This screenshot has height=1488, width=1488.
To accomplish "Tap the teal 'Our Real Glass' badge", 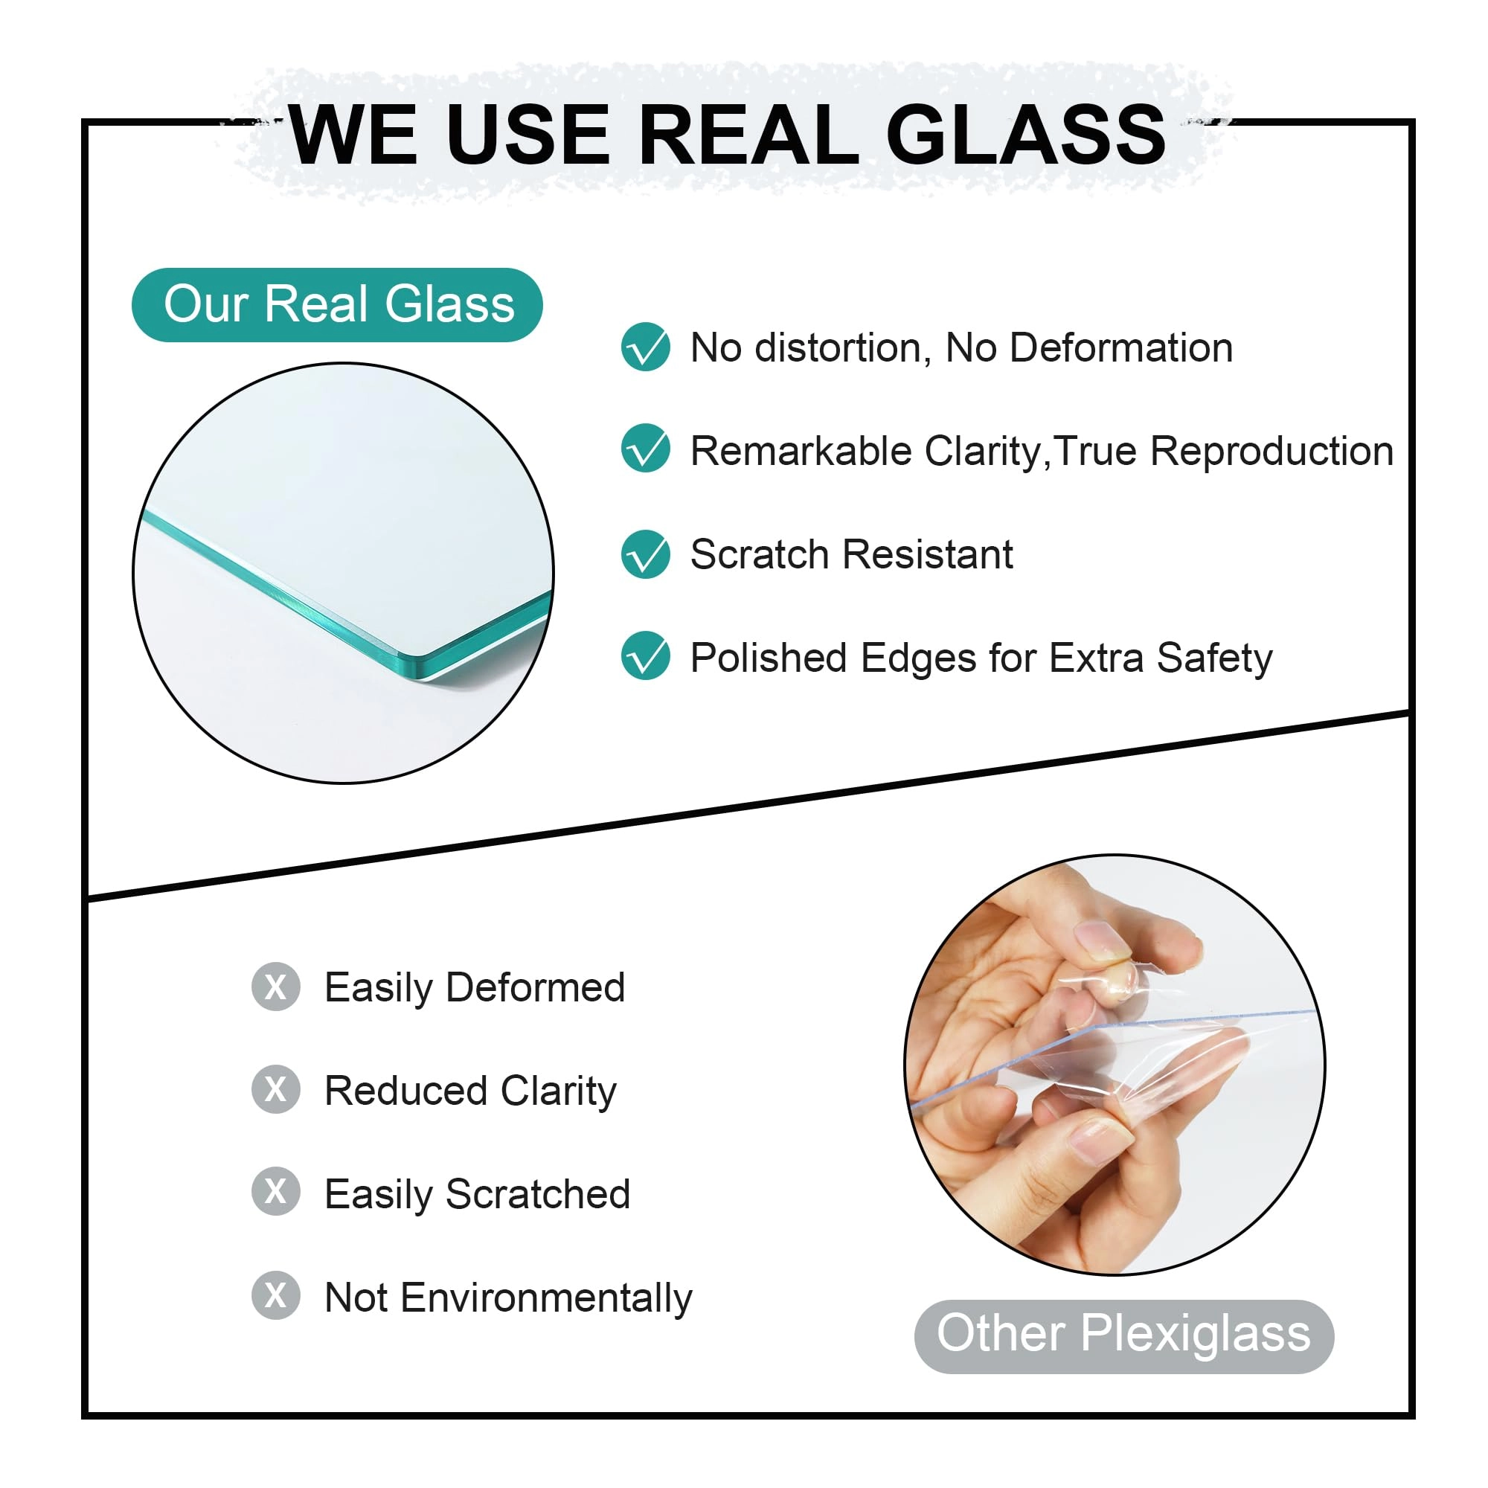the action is (337, 305).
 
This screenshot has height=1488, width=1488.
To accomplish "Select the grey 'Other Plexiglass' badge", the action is (1123, 1336).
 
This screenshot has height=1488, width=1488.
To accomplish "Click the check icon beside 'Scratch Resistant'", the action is (645, 554).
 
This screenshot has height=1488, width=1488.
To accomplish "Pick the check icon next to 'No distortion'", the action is (645, 347).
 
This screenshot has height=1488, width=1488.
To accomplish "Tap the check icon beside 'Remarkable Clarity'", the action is (645, 448).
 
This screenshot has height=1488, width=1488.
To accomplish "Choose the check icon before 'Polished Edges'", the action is (645, 655).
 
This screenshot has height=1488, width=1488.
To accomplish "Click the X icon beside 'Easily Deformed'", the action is (276, 987).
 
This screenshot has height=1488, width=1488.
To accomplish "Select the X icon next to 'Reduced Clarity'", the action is (276, 1089).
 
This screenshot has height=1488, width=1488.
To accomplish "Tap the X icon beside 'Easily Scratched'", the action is (276, 1191).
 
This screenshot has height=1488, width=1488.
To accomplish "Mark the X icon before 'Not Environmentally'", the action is (276, 1295).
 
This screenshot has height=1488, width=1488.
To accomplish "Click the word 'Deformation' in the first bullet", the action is (1121, 348).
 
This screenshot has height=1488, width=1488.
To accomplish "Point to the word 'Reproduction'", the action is (1271, 452).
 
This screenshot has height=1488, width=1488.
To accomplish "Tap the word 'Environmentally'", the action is (546, 1299).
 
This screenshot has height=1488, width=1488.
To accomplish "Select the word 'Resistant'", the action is (928, 554).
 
